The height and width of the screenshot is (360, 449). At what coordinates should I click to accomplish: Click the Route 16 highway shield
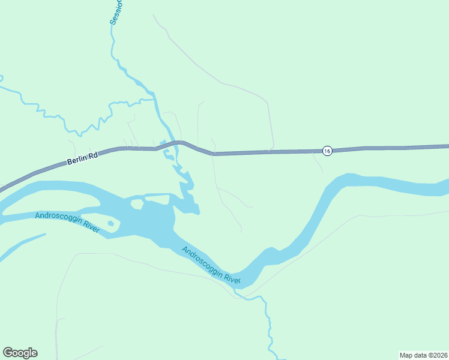point(327,151)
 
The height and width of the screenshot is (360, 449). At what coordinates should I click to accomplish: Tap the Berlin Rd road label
point(82,160)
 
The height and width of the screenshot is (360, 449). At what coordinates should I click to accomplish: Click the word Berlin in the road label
point(76,161)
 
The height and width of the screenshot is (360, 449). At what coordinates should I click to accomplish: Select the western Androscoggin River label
point(67,221)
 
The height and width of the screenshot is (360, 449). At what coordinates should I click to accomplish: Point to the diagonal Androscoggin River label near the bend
point(211,265)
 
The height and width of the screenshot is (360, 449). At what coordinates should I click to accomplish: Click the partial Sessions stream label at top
point(116,12)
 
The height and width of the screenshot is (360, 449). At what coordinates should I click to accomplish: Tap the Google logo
point(20,353)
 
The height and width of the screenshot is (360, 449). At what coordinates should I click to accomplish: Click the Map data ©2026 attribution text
point(423,355)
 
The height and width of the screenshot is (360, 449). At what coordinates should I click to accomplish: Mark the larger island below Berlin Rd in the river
point(137,204)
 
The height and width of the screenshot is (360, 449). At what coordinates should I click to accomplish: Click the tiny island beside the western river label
point(110,224)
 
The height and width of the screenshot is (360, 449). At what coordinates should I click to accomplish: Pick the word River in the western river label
point(90,226)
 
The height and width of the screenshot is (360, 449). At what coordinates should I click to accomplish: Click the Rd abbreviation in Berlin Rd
point(92,157)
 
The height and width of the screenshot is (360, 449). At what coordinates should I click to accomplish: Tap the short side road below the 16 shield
point(318,163)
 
